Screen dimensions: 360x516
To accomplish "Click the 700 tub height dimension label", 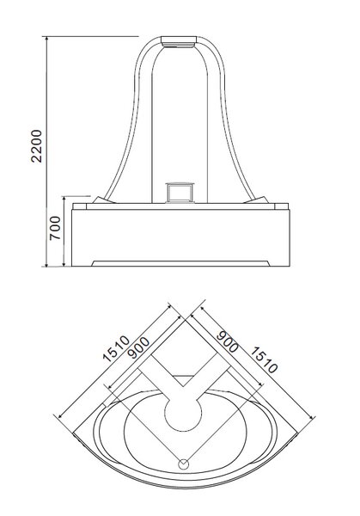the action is (x=55, y=228).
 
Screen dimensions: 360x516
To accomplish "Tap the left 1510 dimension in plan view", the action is (x=116, y=348).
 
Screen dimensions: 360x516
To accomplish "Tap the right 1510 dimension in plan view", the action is (x=264, y=360).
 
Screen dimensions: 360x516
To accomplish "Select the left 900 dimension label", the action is (x=138, y=347).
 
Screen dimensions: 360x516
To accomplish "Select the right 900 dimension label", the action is (x=227, y=341).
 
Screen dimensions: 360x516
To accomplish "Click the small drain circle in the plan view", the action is (x=184, y=464).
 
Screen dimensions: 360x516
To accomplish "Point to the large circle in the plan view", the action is (x=182, y=413).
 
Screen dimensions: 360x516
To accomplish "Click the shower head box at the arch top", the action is (x=179, y=41).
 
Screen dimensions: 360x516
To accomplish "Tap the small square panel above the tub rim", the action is (x=180, y=192).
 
